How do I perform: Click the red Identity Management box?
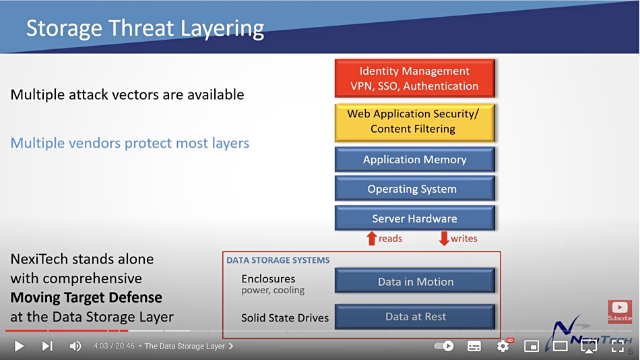click(415, 78)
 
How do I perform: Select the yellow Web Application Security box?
click(415, 123)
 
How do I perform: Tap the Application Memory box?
click(415, 159)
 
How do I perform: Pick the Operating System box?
click(415, 189)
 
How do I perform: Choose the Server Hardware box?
click(415, 218)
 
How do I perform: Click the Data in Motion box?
click(415, 281)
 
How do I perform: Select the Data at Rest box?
click(415, 317)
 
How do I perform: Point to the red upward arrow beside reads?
click(371, 239)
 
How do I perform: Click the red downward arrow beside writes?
click(444, 239)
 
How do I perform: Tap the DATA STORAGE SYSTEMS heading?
click(278, 260)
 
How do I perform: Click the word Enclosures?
click(268, 278)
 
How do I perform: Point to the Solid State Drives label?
click(285, 318)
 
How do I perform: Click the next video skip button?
click(47, 346)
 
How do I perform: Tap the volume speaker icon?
click(75, 346)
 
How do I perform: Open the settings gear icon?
click(503, 346)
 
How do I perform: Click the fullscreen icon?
click(618, 346)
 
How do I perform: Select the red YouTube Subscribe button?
click(620, 311)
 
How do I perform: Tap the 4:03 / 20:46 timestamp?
click(114, 346)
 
